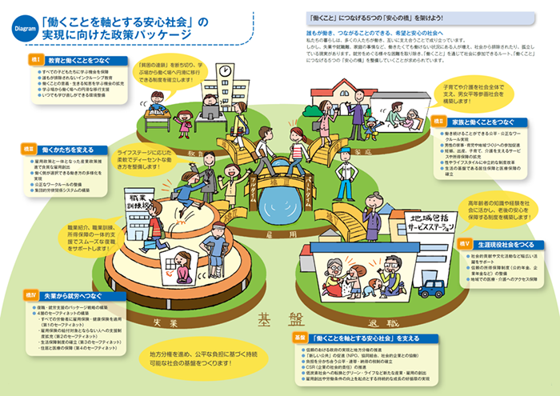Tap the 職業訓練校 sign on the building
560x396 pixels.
(x=151, y=202)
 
